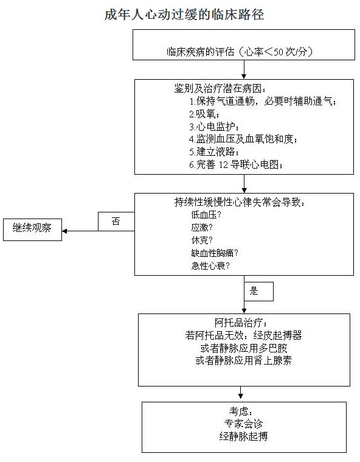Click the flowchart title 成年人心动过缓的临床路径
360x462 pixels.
(x=184, y=15)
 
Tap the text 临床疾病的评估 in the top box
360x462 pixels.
(x=201, y=52)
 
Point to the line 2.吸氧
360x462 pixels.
(x=204, y=114)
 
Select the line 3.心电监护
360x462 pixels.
(x=213, y=127)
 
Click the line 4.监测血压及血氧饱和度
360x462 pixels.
(x=243, y=139)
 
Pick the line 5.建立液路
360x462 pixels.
(x=213, y=152)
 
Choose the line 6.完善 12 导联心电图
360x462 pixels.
(x=236, y=164)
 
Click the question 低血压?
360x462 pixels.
(x=206, y=215)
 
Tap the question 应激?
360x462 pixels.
(x=202, y=228)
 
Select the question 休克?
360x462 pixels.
(x=202, y=240)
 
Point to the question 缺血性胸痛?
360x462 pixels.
(x=215, y=253)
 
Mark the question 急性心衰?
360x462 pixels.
(x=210, y=266)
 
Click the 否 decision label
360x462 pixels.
(x=116, y=221)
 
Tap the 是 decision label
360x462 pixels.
(x=254, y=291)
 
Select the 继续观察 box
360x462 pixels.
(x=32, y=230)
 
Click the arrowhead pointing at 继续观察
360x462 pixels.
(x=64, y=231)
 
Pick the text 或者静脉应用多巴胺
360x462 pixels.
(x=244, y=348)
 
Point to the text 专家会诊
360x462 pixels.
(x=243, y=424)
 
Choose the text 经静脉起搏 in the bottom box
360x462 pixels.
(x=243, y=436)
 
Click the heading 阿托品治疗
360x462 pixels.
(x=241, y=323)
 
